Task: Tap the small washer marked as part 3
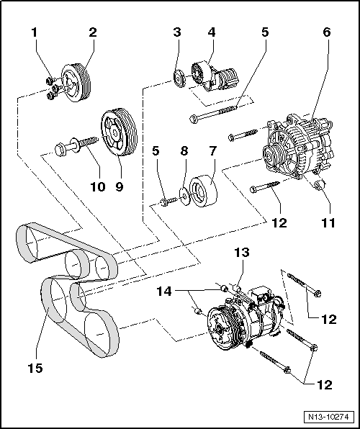coord(177,76)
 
